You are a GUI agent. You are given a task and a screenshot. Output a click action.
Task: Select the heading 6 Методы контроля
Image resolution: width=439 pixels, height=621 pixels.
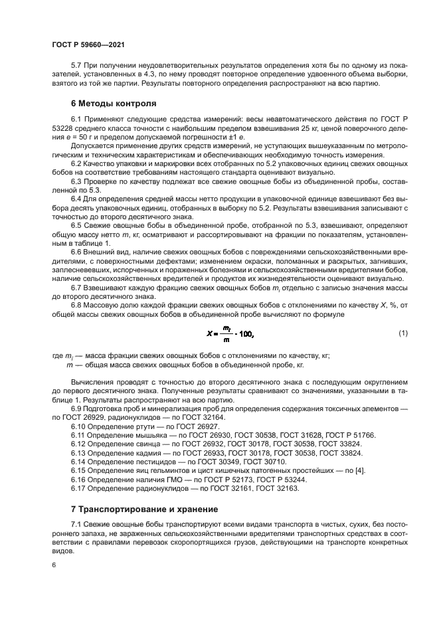coord(114,104)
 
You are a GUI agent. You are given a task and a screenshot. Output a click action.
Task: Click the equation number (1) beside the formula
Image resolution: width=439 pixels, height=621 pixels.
coord(403,332)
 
